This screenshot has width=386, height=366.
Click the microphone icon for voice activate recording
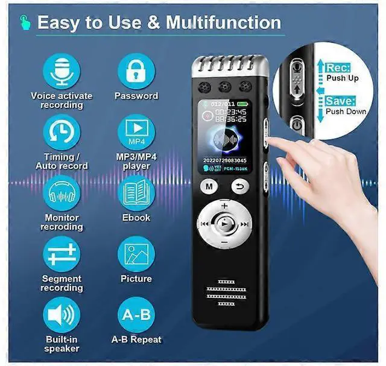pyautogui.click(x=62, y=70)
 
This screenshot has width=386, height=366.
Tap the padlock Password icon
pyautogui.click(x=136, y=71)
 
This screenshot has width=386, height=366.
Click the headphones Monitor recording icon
pyautogui.click(x=62, y=194)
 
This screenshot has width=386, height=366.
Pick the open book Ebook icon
pyautogui.click(x=136, y=194)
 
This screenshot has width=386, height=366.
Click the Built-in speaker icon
pyautogui.click(x=62, y=316)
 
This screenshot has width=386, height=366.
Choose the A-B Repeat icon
pyautogui.click(x=136, y=316)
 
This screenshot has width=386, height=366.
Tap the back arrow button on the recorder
pyautogui.click(x=239, y=186)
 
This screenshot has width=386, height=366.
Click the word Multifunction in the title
pyautogui.click(x=223, y=23)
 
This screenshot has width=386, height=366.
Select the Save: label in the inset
pyautogui.click(x=341, y=101)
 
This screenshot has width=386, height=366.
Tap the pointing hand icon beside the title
pyautogui.click(x=24, y=22)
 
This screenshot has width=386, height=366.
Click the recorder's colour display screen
pyautogui.click(x=224, y=137)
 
